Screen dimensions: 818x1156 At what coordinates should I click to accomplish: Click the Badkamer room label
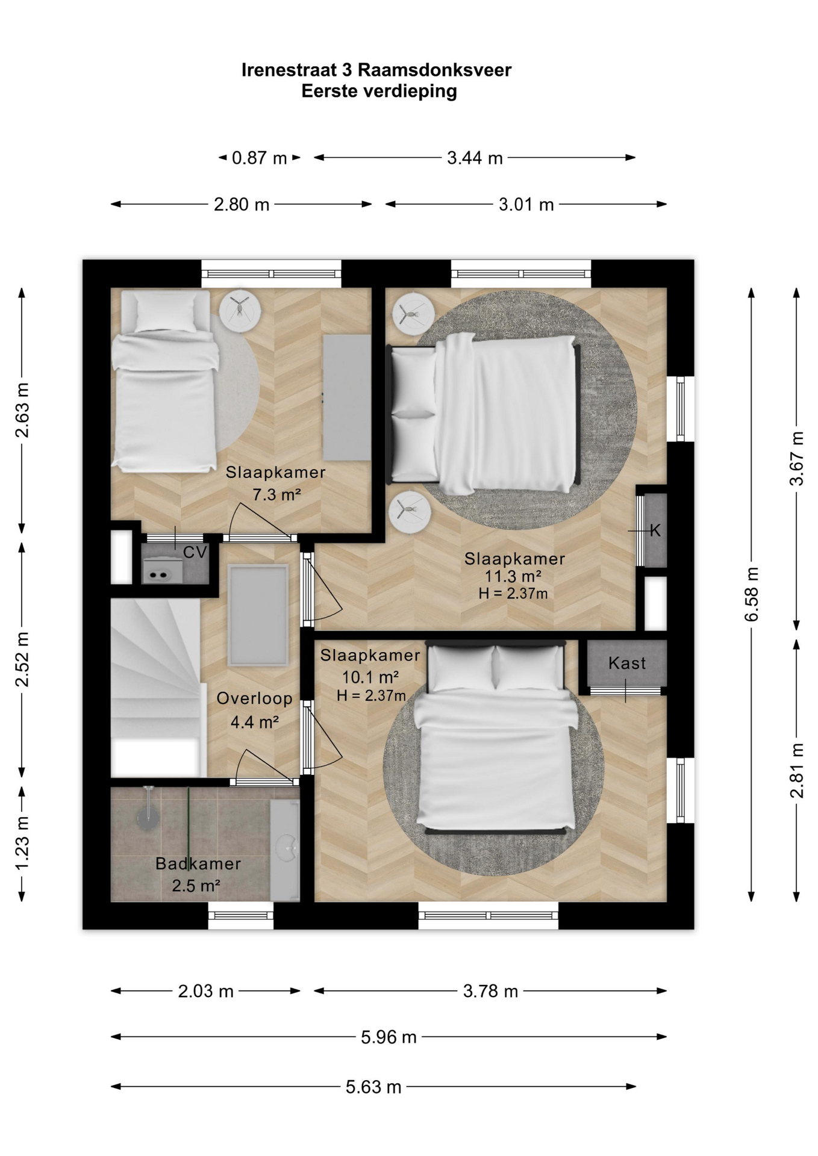point(198,863)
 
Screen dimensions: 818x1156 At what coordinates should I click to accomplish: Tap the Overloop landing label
point(254,698)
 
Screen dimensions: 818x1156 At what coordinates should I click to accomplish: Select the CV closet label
point(195,552)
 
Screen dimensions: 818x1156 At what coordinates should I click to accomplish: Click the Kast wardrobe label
point(627,663)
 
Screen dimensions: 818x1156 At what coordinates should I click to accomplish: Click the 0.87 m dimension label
point(260,158)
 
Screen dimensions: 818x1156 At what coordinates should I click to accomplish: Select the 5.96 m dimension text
point(389,1037)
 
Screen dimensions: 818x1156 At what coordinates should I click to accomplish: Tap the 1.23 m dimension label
point(22,842)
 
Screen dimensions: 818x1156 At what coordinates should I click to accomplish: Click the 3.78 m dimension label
point(490,991)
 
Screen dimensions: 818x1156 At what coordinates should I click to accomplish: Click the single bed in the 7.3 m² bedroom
point(164,381)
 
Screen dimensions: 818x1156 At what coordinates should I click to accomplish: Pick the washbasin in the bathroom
point(285,849)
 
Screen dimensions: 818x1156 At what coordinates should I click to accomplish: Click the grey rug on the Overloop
point(258,615)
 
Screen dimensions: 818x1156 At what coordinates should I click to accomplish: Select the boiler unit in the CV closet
point(162,571)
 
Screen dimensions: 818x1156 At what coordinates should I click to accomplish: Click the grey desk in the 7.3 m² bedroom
point(347,397)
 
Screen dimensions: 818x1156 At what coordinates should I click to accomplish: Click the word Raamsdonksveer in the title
point(434,70)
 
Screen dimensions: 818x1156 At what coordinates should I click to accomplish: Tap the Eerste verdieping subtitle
point(379,92)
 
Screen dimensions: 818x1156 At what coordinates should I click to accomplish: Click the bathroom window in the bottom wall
point(241,916)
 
